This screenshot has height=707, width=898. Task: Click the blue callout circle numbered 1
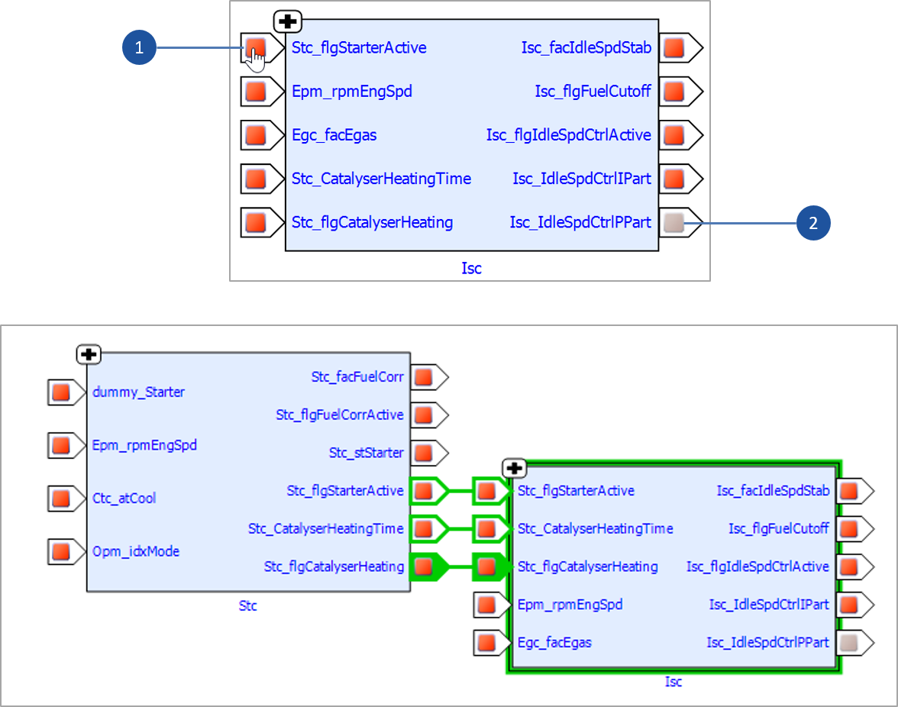[x=139, y=48]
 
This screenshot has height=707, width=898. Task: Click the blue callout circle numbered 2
[x=813, y=223]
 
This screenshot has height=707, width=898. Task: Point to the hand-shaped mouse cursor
[x=257, y=60]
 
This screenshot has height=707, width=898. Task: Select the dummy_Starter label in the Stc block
[x=138, y=392]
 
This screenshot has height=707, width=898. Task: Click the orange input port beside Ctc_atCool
[x=60, y=498]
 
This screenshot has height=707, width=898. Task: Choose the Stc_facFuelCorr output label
[x=357, y=376]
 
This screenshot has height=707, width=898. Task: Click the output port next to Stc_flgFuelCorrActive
[x=424, y=415]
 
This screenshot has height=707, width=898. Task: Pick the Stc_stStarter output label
[x=366, y=453]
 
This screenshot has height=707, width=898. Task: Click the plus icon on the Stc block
[x=89, y=354]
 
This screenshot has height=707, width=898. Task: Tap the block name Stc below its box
[x=247, y=605]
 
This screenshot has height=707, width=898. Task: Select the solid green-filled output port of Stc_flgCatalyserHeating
[x=424, y=567]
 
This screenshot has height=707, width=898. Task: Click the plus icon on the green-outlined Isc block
[x=515, y=468]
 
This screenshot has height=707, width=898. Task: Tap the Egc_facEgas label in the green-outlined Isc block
[x=554, y=643]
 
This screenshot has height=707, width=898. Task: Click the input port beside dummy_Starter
[x=60, y=392]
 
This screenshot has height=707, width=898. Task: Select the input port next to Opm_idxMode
[x=60, y=550]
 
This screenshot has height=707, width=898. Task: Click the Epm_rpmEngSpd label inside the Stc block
[x=144, y=444]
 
